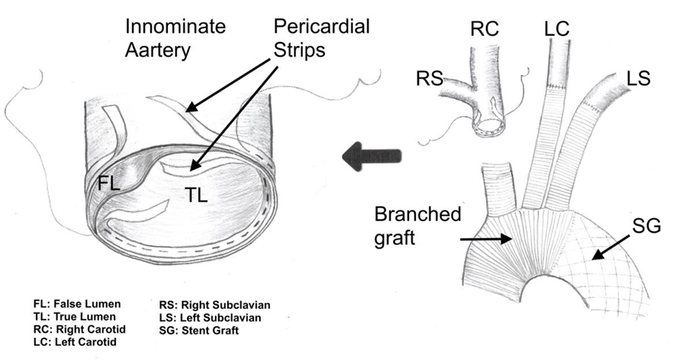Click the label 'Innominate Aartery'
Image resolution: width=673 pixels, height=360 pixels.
coord(175,40)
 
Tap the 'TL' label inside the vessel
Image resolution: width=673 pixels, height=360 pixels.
coord(196,195)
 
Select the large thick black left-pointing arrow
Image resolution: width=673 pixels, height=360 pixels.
coord(372,156)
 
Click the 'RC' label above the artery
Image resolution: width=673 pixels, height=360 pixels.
coord(484,29)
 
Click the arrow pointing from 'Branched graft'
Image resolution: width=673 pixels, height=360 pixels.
coord(485,239)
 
